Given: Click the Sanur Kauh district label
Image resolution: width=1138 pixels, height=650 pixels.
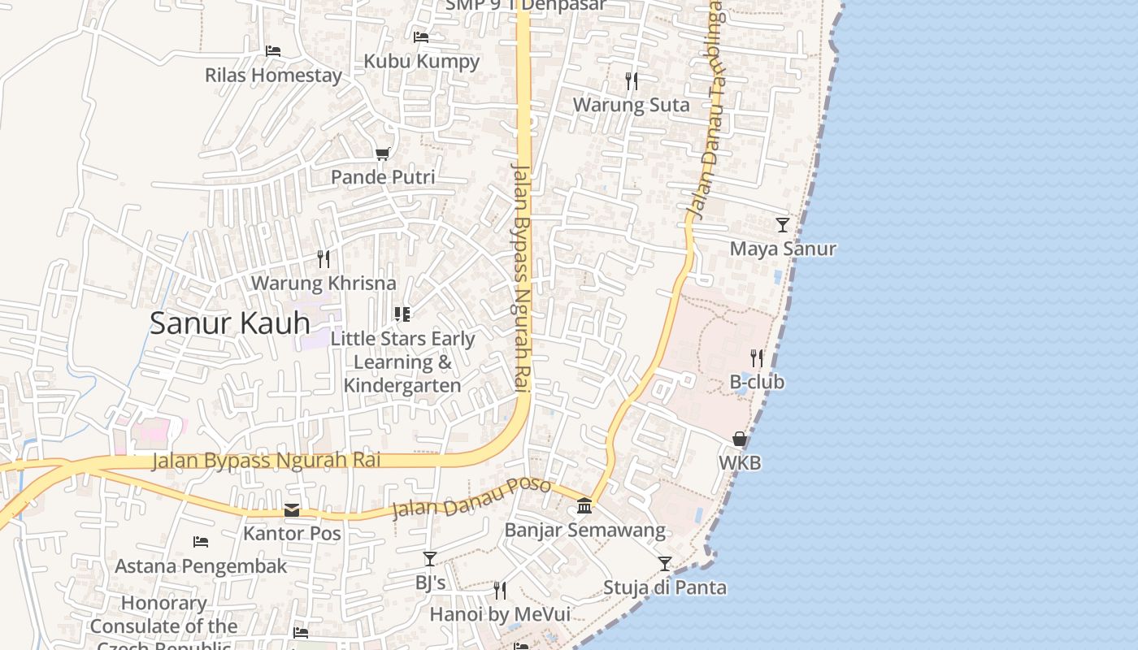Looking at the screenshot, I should pos(230,323).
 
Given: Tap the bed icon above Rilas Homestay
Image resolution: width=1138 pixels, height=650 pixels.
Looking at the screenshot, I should pos(273,50).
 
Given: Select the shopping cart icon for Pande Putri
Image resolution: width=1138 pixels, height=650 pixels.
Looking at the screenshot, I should pos(383,154).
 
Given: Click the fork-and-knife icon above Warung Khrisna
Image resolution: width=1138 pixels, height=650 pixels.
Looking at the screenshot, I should pos(324,259).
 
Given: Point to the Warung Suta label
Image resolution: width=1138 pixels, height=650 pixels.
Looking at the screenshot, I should pos(631,105).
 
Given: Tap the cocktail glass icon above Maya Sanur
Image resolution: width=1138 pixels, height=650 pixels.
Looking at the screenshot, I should pos(783,225).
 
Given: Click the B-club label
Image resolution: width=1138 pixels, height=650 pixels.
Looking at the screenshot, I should pos(757,382).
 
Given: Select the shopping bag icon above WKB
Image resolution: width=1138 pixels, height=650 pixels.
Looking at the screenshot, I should pos(740,440).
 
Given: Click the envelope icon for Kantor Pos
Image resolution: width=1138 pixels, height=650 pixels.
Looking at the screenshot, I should pos(292,510).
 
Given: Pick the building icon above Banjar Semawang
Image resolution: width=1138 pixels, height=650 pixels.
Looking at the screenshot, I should pos(584,506).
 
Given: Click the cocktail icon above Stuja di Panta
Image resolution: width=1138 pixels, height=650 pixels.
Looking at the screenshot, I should pos(665,563).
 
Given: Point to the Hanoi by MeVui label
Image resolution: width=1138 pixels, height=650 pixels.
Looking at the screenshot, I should pos(500,614).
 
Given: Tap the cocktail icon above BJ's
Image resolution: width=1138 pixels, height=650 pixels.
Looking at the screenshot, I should pos(430,559).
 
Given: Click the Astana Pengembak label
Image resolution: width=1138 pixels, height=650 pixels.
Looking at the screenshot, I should pos(201,566).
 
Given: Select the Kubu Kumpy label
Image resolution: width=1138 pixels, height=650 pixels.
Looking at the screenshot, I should pos(421,61).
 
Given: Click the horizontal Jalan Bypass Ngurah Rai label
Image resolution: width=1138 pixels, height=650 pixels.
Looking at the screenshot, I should pos(267,461).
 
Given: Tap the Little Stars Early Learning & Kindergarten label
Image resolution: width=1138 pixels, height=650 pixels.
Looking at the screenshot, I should pos(402,362).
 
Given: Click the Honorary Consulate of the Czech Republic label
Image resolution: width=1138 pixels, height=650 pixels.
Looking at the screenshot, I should pos(163,626).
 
